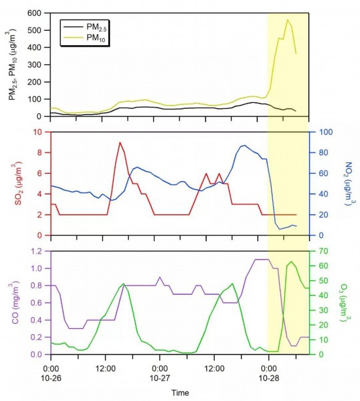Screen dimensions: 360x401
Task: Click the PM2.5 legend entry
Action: [85, 27]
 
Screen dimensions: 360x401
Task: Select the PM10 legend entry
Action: [85, 38]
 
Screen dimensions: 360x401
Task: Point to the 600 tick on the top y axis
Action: [36, 13]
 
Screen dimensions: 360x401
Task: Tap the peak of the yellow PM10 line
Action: [288, 20]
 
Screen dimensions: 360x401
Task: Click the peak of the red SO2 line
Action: [120, 142]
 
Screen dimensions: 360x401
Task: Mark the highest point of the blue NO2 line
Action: [245, 145]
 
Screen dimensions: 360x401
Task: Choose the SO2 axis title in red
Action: [19, 183]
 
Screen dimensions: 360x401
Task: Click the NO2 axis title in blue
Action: [350, 183]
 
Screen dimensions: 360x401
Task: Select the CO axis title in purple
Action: [15, 303]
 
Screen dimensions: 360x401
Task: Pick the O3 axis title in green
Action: [345, 303]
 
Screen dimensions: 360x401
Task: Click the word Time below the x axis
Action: [180, 392]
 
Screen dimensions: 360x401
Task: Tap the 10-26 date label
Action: [51, 378]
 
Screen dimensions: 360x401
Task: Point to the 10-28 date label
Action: [269, 378]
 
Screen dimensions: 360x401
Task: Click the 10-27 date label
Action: [160, 378]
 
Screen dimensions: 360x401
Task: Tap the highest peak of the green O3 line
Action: [291, 261]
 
